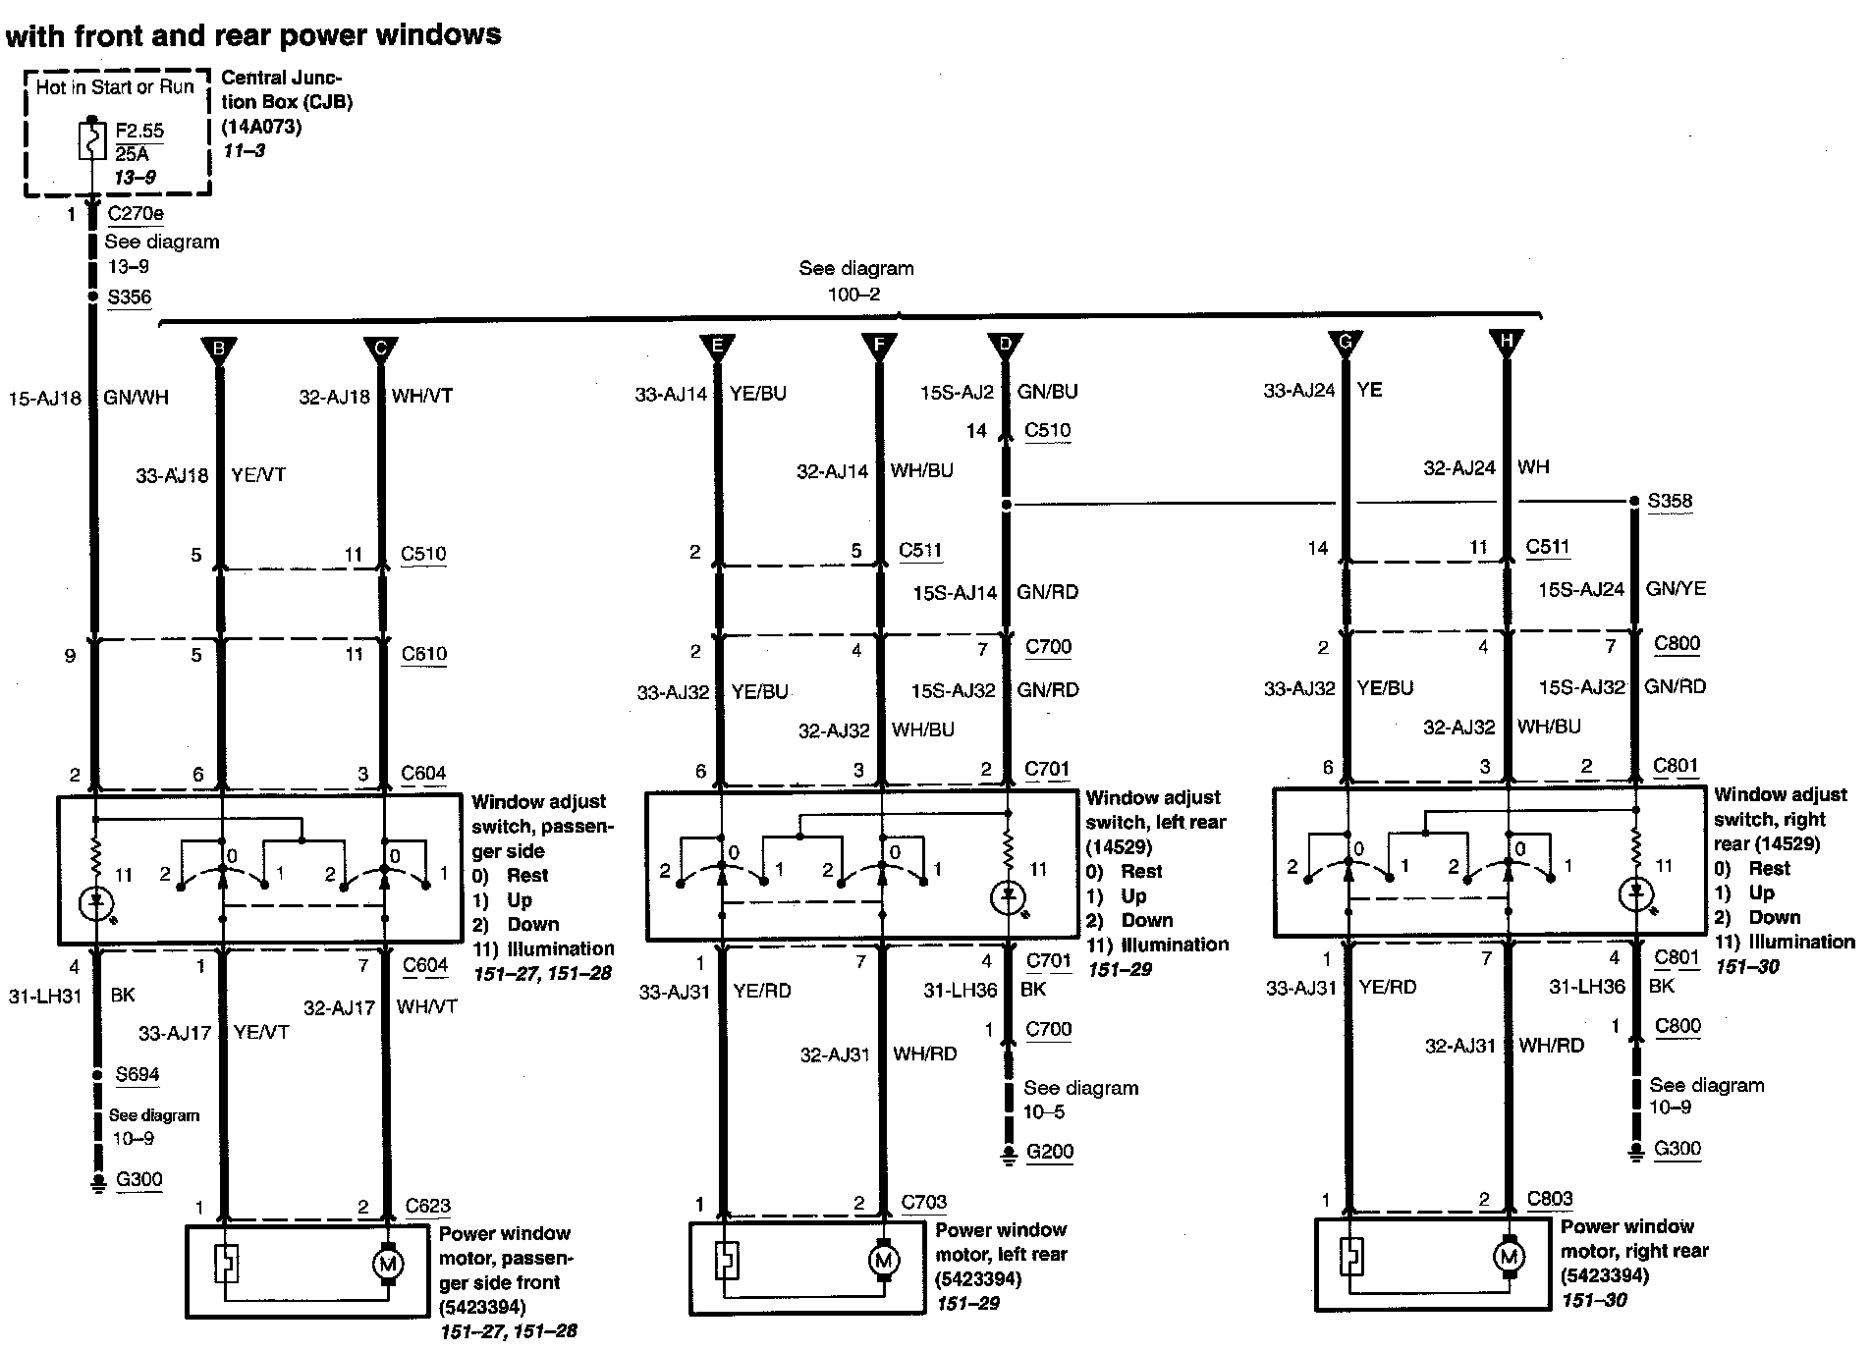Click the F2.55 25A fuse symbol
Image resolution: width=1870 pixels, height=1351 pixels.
coord(91,141)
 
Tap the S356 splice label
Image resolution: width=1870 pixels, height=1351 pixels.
coord(130,297)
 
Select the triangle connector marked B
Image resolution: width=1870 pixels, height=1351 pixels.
coord(219,350)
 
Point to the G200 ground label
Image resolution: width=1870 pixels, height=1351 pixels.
coord(1050,1152)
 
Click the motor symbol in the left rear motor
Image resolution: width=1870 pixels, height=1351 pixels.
coord(882,1260)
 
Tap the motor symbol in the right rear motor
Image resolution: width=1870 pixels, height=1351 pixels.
coord(1509,1257)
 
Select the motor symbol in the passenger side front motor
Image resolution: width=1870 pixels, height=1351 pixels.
coord(386,1264)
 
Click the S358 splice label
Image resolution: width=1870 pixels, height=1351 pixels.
coord(1670,502)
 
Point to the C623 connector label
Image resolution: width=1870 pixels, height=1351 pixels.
coord(428,1207)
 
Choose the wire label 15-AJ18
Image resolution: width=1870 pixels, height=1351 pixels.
coord(45,398)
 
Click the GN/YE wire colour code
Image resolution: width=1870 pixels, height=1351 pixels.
coord(1677,589)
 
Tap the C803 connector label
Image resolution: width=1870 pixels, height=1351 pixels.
coord(1550,1199)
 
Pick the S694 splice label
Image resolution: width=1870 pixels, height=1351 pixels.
coord(137,1074)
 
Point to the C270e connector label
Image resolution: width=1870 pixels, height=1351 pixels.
coord(136,214)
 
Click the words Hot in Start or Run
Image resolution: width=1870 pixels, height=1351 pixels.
coord(115,87)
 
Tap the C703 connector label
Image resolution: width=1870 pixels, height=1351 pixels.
coord(924,1203)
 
